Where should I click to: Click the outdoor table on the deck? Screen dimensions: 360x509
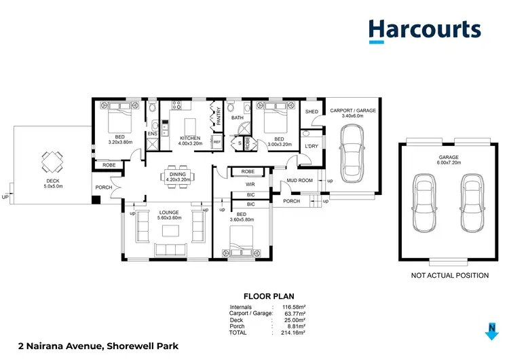point(52,160)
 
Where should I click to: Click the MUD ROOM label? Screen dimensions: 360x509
point(299,181)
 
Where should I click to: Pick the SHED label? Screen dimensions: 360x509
point(312,111)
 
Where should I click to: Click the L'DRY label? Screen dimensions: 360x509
point(312,146)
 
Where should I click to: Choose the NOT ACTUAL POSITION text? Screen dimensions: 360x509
point(450,275)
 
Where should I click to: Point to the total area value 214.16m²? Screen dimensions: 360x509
point(295,333)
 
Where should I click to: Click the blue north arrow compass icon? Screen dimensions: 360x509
point(492,332)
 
